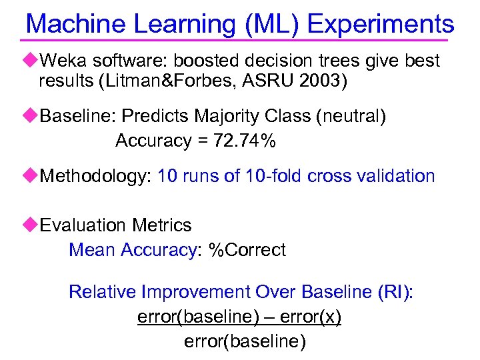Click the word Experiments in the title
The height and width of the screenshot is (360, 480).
pos(381,25)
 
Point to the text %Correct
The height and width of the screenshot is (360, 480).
pos(247,250)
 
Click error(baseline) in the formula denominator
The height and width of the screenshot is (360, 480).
pos(245,342)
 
